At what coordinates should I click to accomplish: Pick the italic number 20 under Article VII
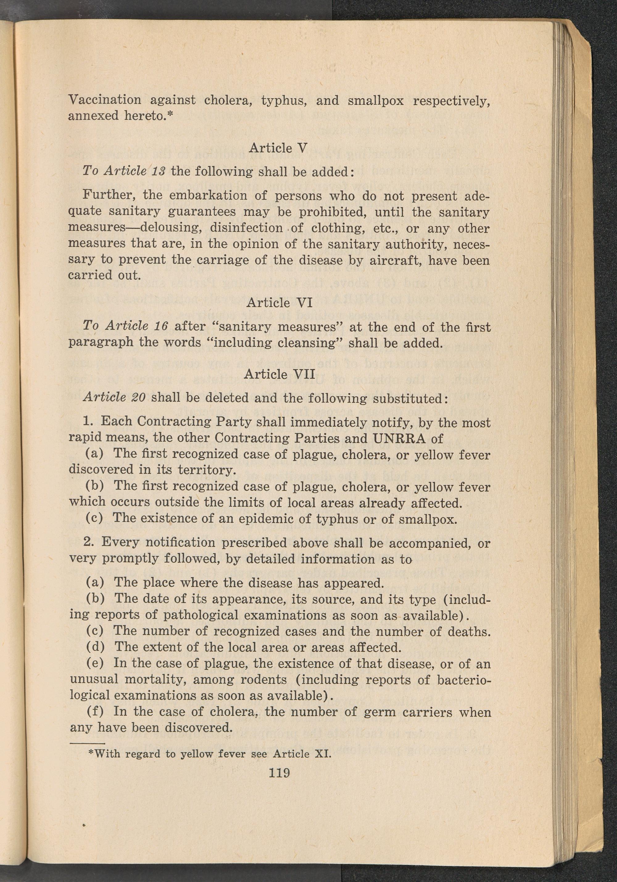pyautogui.click(x=137, y=397)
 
